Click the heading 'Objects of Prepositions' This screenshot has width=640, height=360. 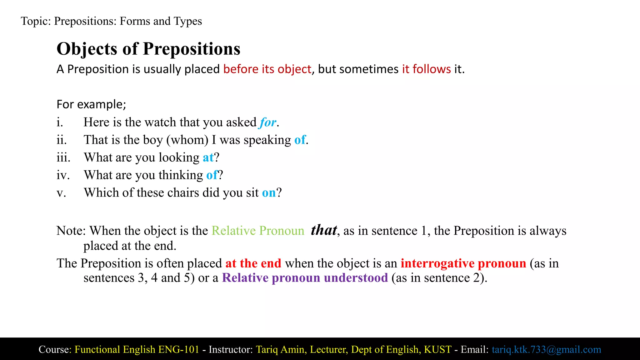[148, 49]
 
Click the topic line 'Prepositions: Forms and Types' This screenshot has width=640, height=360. [128, 21]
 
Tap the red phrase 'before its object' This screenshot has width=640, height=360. [267, 69]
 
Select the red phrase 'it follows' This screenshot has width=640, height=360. [426, 69]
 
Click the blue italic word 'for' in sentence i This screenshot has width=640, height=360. [268, 122]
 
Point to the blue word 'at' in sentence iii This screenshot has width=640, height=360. [208, 157]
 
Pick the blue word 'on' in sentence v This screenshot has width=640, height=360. [269, 193]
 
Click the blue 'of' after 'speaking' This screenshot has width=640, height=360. [300, 140]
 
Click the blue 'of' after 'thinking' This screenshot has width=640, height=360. [212, 175]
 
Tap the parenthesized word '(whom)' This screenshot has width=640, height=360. [187, 140]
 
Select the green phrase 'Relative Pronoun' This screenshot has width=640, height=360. [258, 231]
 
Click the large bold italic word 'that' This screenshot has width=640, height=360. [324, 230]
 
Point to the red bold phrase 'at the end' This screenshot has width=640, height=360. [253, 263]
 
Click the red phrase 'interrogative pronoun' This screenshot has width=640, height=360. [463, 263]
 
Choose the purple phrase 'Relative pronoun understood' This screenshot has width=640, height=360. [305, 278]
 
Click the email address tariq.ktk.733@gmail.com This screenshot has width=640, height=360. [546, 349]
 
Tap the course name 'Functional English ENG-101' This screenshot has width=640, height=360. [137, 349]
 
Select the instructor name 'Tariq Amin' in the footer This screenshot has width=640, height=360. [280, 349]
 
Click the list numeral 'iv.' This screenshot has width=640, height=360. [63, 175]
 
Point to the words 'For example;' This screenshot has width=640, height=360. [91, 104]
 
